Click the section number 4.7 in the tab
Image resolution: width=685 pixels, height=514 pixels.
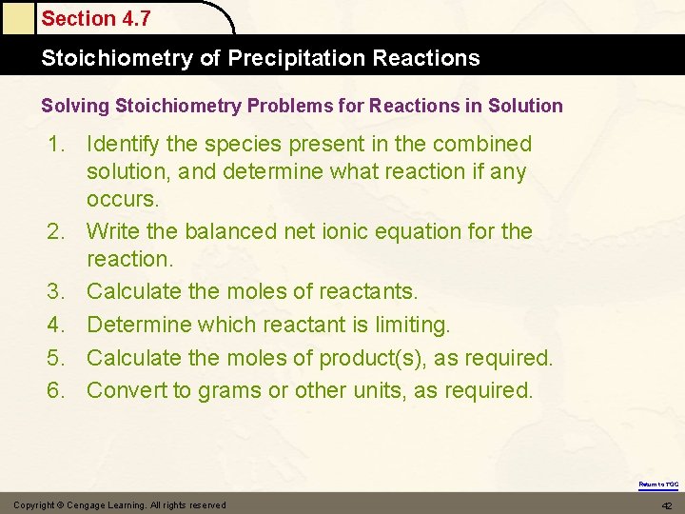(133, 18)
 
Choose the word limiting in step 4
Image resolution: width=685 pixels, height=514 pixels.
(410, 325)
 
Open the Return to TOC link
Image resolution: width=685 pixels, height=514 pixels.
(657, 484)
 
